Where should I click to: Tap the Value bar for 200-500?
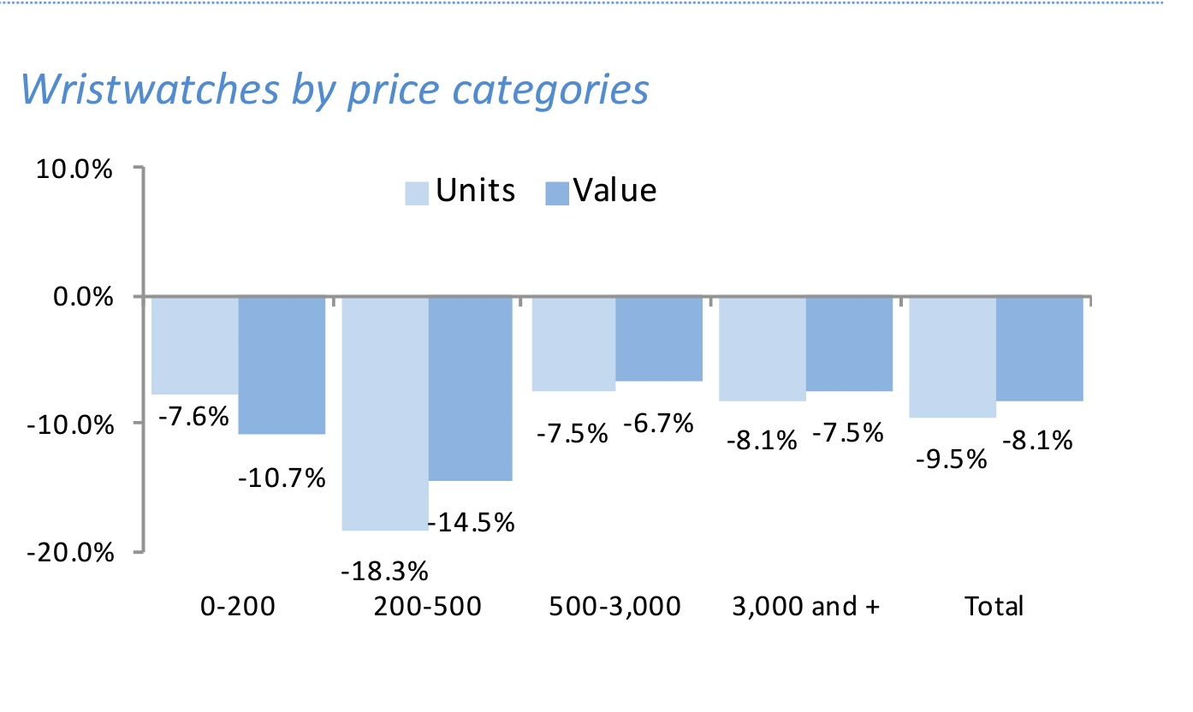click(471, 389)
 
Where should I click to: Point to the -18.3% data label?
click(384, 570)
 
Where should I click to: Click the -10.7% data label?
click(282, 478)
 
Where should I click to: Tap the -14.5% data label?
click(472, 521)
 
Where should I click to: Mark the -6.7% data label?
click(657, 423)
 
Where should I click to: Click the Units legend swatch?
click(418, 193)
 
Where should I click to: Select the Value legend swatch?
click(556, 193)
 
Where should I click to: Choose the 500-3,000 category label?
click(614, 606)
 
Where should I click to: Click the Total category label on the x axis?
click(994, 606)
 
